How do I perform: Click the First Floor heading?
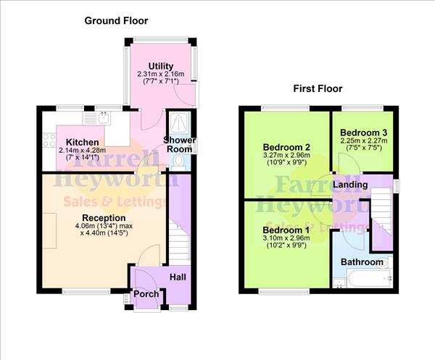(318, 89)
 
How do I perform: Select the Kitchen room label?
(82, 141)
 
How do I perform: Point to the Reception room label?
(104, 218)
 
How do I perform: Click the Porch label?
(146, 294)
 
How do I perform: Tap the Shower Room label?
(179, 144)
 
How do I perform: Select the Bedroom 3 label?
(364, 133)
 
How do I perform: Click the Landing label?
(350, 185)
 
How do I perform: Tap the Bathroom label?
(362, 261)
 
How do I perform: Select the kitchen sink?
(104, 115)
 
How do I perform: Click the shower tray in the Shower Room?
(178, 122)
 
